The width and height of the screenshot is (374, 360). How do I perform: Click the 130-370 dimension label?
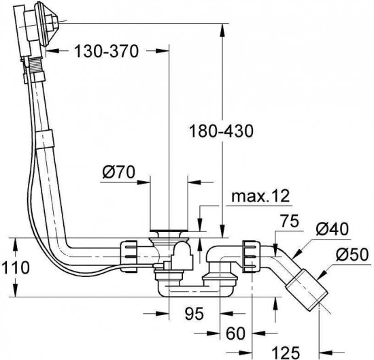(106, 51)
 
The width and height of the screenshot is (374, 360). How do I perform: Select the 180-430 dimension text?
(221, 131)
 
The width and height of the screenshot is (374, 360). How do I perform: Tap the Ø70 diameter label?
(118, 172)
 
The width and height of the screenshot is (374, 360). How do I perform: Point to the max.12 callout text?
(260, 197)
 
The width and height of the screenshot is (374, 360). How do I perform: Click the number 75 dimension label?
(289, 221)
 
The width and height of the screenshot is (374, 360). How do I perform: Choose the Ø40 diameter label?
(333, 229)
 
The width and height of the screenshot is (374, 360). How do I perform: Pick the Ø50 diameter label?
(352, 255)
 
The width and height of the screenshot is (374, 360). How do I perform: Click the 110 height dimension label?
(15, 267)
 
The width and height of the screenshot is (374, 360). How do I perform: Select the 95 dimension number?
(194, 313)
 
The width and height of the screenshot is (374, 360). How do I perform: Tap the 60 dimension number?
(236, 333)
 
